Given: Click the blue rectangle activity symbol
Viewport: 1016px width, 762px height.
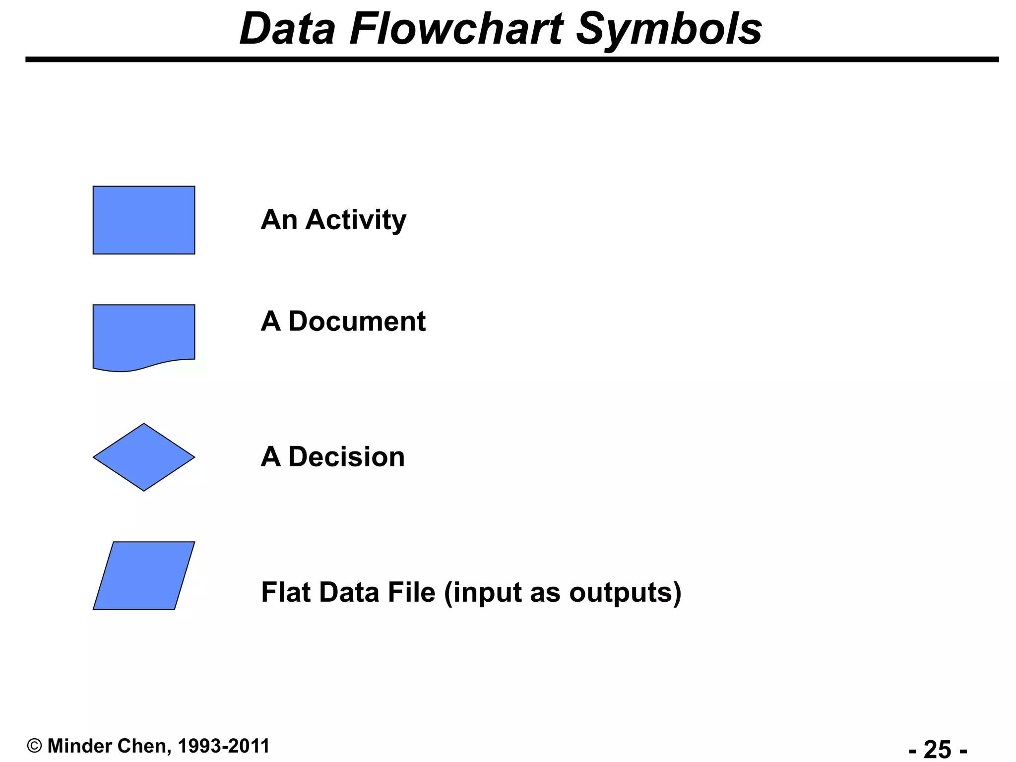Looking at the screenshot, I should point(144,220).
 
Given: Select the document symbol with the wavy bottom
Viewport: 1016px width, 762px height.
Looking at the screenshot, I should point(144,335).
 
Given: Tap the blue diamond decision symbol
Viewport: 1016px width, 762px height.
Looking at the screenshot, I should point(144,457).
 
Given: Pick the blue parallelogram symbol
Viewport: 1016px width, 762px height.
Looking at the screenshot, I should point(144,575).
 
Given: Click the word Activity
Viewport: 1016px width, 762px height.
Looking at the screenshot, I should point(356,220).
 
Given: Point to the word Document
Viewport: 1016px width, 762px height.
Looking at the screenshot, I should point(357,321).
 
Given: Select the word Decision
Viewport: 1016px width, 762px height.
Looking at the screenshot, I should point(346,457).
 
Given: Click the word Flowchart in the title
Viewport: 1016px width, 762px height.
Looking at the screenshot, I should point(456,29).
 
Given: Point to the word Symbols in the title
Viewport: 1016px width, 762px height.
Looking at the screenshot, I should point(669,29).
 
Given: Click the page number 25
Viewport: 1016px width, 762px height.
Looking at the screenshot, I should point(938,749).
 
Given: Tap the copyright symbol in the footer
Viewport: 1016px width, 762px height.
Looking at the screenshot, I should point(34,746).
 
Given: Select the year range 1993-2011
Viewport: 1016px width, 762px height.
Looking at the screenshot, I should point(223,746).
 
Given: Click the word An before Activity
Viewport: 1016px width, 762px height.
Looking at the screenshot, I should point(279,220).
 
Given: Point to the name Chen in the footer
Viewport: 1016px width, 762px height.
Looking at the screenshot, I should point(143,746).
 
